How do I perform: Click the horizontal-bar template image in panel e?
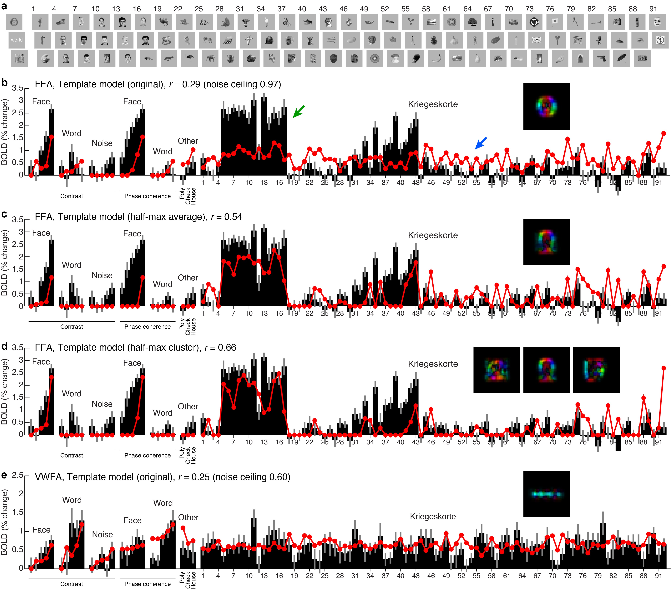(546, 494)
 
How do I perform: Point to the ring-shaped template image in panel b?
(546, 106)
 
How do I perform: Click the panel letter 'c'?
(4, 214)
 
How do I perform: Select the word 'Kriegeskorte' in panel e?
(433, 516)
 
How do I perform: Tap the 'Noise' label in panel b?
(102, 143)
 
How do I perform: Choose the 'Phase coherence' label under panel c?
(147, 327)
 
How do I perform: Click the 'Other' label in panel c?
(188, 278)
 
